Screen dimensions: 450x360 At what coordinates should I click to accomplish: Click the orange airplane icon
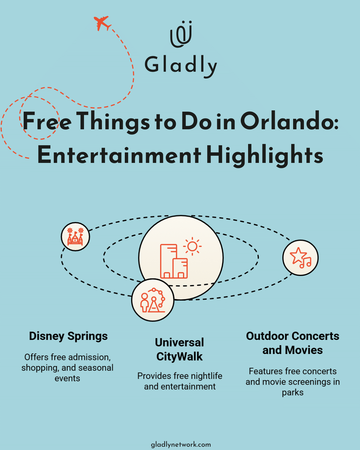[x=102, y=23]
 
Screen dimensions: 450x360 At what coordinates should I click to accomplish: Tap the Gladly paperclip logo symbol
[x=181, y=34]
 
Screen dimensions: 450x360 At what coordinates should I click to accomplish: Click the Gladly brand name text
[x=181, y=65]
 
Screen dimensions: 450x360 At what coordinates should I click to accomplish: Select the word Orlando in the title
[x=289, y=121]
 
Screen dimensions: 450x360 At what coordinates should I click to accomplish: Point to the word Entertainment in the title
[x=119, y=155]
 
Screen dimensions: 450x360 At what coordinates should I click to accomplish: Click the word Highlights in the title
[x=265, y=155]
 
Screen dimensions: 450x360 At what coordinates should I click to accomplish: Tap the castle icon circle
[x=75, y=237]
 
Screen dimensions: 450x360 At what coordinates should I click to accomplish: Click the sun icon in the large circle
[x=192, y=247]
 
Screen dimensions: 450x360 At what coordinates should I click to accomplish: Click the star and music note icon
[x=300, y=258]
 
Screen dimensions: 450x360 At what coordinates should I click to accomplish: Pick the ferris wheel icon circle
[x=153, y=300]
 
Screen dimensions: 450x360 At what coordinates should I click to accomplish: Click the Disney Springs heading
[x=68, y=336]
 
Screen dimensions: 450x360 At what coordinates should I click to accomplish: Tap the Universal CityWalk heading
[x=179, y=349]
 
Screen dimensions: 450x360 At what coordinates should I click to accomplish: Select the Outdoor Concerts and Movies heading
[x=292, y=343]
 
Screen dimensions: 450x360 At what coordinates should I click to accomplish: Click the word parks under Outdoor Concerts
[x=292, y=392]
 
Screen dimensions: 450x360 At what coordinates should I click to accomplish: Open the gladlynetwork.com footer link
[x=181, y=444]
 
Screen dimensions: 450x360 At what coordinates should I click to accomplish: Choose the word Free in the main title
[x=47, y=121]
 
